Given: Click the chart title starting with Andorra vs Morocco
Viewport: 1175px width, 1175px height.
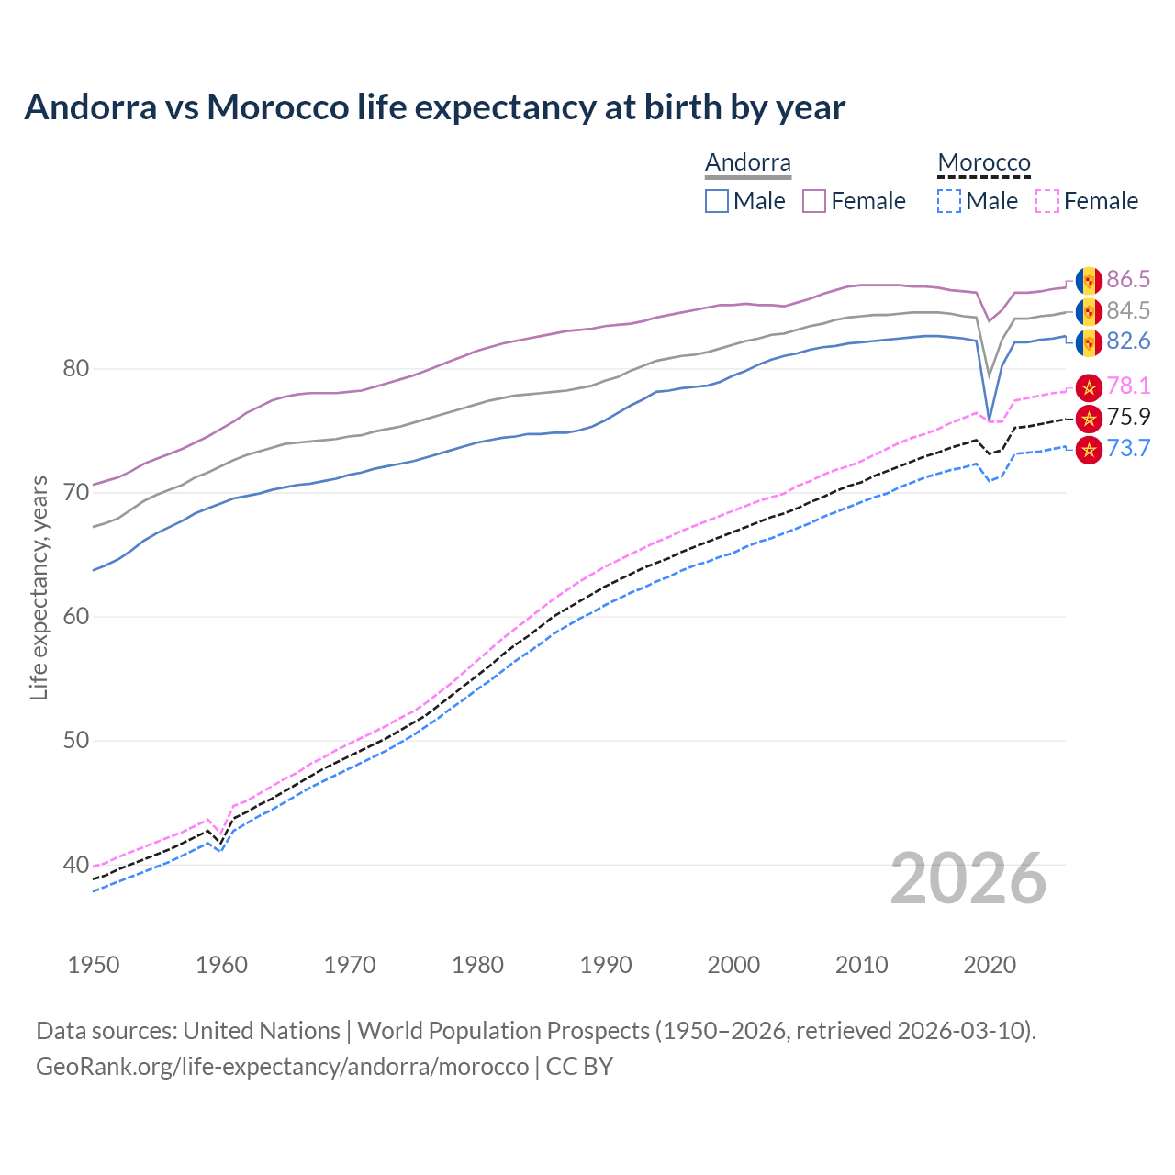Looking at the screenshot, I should coord(434,107).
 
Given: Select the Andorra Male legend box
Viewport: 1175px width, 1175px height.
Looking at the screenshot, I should coord(717,201).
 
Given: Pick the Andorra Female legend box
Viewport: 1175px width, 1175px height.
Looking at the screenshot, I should coord(814,201).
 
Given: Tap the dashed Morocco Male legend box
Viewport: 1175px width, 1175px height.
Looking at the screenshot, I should coord(949,201).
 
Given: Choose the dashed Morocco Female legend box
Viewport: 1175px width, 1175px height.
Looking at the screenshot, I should coord(1047,201).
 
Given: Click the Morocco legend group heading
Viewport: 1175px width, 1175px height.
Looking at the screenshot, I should coord(984,163).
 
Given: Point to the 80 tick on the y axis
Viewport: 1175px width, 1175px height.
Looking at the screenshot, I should coord(75,369).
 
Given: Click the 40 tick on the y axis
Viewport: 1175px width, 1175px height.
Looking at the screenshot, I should coord(75,865).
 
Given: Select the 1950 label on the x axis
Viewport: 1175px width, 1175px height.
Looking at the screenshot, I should coord(94,965).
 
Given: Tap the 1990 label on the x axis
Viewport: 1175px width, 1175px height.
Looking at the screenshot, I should coord(606,965).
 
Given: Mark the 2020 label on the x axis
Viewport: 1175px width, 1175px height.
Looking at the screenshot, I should coord(990,965).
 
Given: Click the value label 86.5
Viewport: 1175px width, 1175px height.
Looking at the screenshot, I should coord(1128,280).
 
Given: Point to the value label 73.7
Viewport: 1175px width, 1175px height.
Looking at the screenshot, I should coord(1128,449).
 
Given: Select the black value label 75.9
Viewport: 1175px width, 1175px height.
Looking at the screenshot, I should coord(1128,418).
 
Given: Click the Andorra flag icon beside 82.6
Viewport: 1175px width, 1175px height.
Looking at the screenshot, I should coord(1089,342).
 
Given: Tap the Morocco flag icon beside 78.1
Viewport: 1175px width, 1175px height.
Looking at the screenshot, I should coord(1089,387).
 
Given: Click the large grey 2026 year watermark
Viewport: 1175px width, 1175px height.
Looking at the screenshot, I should coord(968,878).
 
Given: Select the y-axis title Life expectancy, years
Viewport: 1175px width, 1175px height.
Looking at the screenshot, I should coord(39,588).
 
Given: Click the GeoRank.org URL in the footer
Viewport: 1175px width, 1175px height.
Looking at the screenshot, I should coord(282,1067).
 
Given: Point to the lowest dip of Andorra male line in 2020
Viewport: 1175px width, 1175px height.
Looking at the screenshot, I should coord(989,419).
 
